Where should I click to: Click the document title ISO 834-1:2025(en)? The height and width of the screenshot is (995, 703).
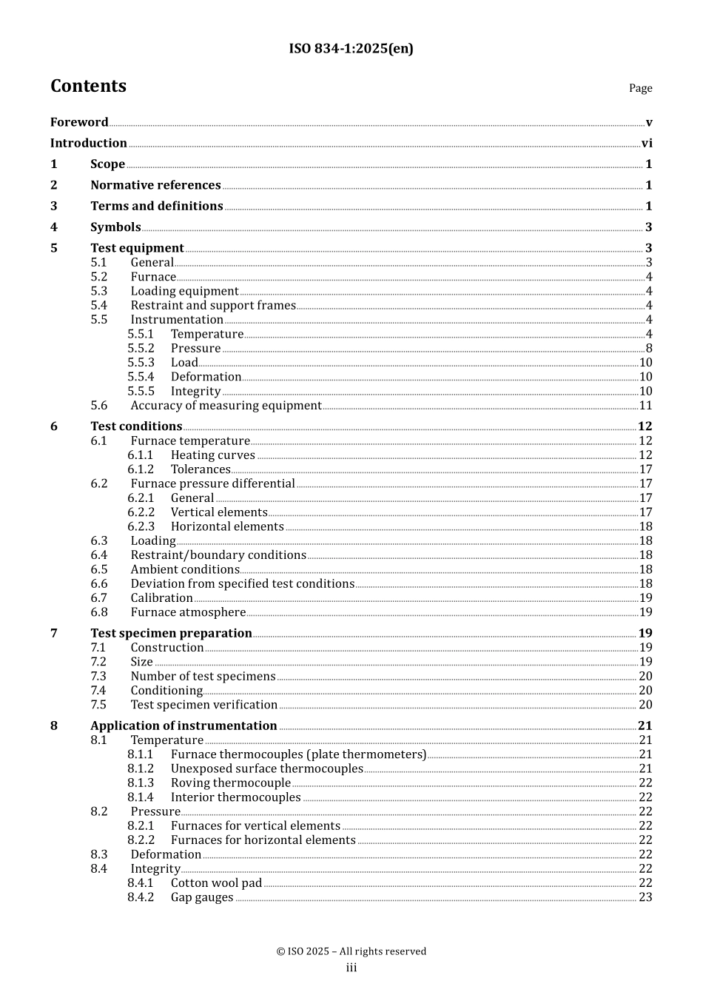tap(351, 49)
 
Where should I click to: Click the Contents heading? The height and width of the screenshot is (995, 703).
tap(88, 86)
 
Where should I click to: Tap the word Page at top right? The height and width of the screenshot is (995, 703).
tap(640, 88)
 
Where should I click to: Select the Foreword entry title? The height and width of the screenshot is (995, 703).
tap(79, 122)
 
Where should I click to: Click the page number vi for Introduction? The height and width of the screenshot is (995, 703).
tap(647, 143)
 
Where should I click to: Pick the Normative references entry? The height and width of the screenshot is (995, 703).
tap(155, 185)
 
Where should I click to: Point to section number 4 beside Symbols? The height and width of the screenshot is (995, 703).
tap(54, 227)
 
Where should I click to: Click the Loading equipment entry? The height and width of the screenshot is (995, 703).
tap(184, 291)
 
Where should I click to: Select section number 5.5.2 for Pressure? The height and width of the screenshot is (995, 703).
tap(141, 348)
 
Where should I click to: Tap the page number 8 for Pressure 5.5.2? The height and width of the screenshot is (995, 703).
tap(649, 348)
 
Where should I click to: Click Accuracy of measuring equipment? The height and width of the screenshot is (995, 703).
tap(226, 405)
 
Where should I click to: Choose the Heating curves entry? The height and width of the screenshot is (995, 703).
tap(212, 455)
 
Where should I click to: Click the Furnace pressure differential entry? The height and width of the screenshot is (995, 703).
tap(212, 483)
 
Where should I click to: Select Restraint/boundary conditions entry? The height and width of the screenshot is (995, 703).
tap(218, 555)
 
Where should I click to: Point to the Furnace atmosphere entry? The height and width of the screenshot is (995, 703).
tap(188, 612)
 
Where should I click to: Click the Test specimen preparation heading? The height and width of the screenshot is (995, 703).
tap(171, 633)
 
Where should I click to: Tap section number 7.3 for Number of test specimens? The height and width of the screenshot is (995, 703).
tap(98, 676)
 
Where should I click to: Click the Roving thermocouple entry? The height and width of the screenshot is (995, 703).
tap(230, 783)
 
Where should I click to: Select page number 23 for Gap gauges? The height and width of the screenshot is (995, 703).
tap(645, 897)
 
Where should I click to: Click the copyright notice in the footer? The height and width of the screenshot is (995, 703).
tap(351, 951)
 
